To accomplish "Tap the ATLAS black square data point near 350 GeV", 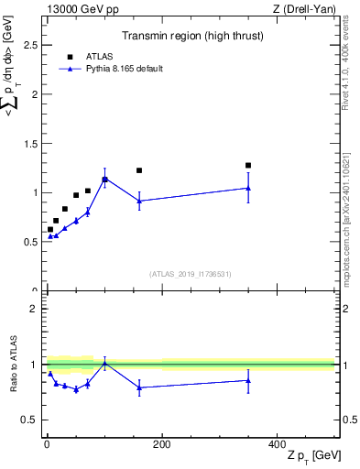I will click(248, 166).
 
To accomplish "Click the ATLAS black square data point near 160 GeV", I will click(139, 170).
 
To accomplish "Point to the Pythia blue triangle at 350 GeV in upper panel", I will click(248, 188).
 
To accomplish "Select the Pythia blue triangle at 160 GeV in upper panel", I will click(139, 201).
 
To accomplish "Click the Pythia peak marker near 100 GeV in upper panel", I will click(104, 179).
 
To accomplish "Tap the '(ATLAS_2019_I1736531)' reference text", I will click(190, 273).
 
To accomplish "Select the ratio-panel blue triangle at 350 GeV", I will click(248, 380).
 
